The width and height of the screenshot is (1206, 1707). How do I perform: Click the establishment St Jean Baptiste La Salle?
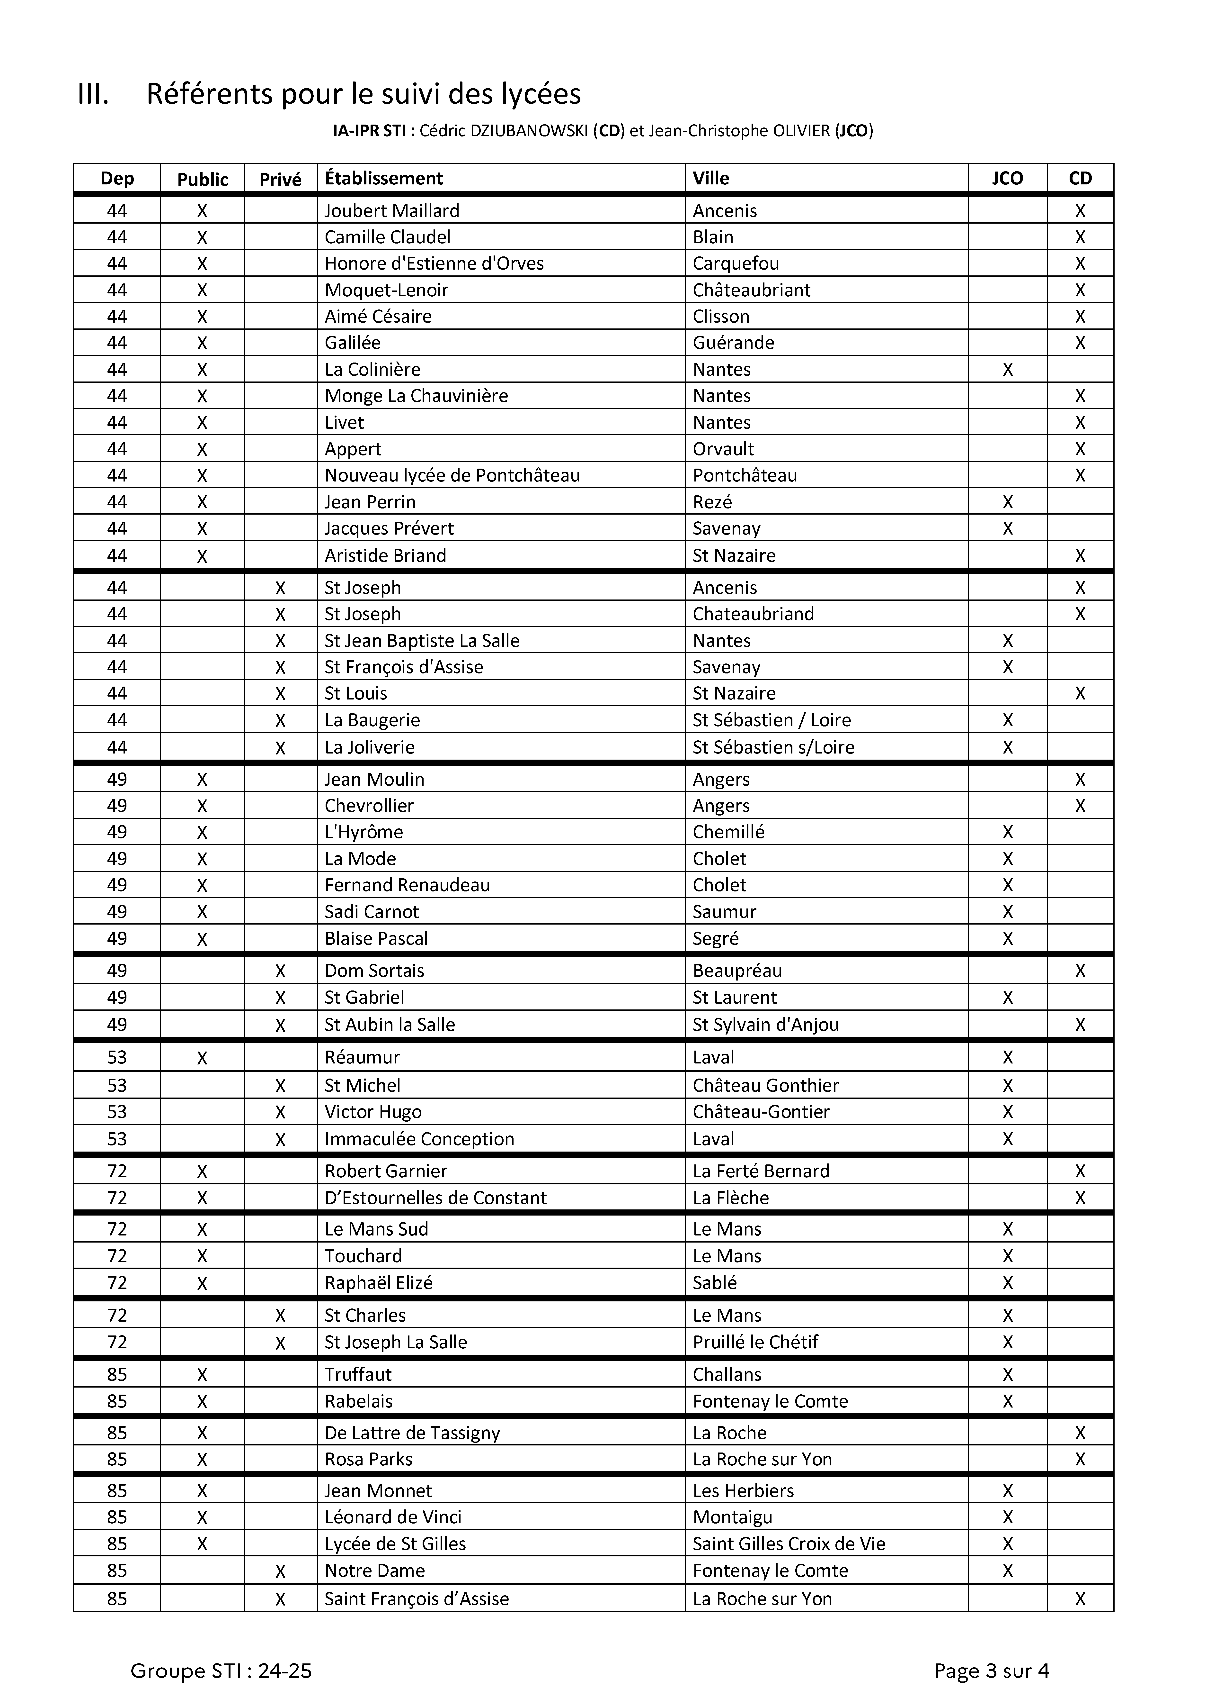(422, 641)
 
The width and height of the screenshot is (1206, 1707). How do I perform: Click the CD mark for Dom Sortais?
(1080, 971)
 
